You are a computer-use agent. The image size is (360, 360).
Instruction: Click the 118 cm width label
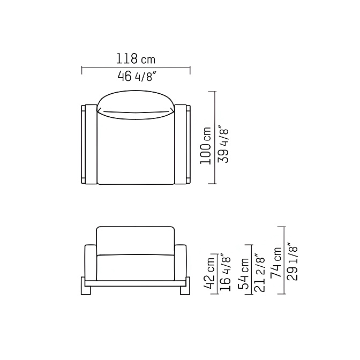tap(136, 58)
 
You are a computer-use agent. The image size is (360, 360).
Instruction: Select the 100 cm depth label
tap(206, 146)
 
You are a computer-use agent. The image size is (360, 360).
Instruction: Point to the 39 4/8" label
tap(223, 144)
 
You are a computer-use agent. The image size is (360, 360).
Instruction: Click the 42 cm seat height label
tap(209, 273)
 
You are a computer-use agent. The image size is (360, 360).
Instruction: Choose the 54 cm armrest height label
tap(243, 273)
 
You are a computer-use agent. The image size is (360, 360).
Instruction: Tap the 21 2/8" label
tap(260, 273)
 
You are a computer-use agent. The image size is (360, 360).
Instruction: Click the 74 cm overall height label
tap(276, 263)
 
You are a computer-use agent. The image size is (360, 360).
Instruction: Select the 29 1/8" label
tap(292, 261)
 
